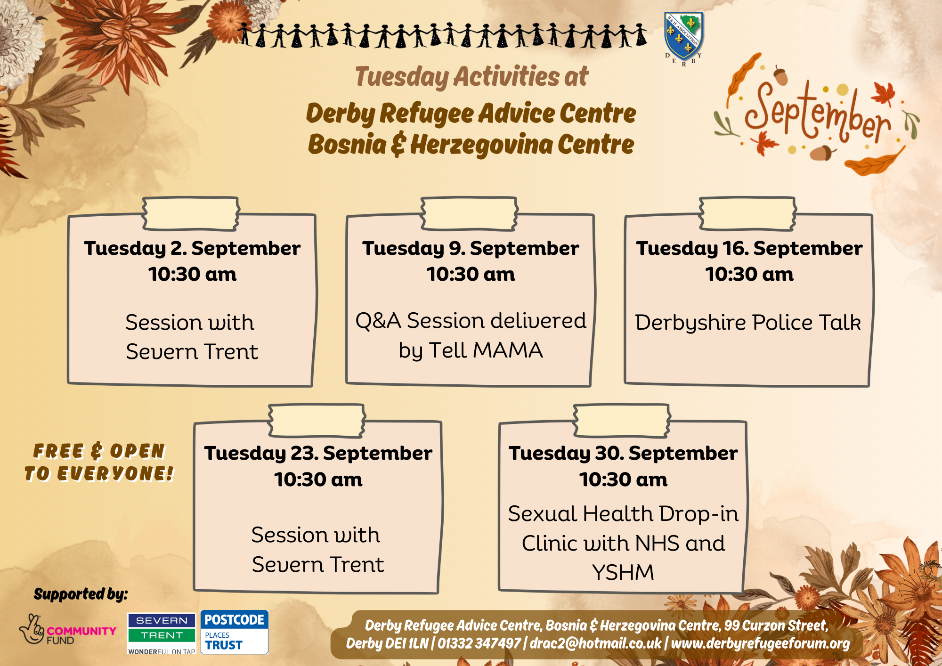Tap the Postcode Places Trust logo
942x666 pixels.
click(x=235, y=632)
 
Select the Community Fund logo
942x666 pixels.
click(x=67, y=629)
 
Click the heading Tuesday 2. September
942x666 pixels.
click(x=192, y=248)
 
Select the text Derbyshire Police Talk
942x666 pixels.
click(x=748, y=323)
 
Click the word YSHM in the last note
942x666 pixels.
click(x=623, y=573)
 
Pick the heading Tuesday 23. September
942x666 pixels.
click(x=318, y=453)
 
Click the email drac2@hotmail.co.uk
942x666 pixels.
click(x=595, y=643)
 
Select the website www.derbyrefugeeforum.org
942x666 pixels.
click(x=760, y=643)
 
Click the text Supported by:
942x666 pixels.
click(x=81, y=594)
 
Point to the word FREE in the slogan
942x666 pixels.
click(x=58, y=451)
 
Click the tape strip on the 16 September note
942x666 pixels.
click(x=747, y=214)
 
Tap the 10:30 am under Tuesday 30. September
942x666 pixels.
click(x=623, y=479)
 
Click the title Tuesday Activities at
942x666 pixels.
click(x=471, y=77)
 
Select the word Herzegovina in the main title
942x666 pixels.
click(x=481, y=145)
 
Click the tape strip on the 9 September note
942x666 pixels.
click(x=470, y=214)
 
